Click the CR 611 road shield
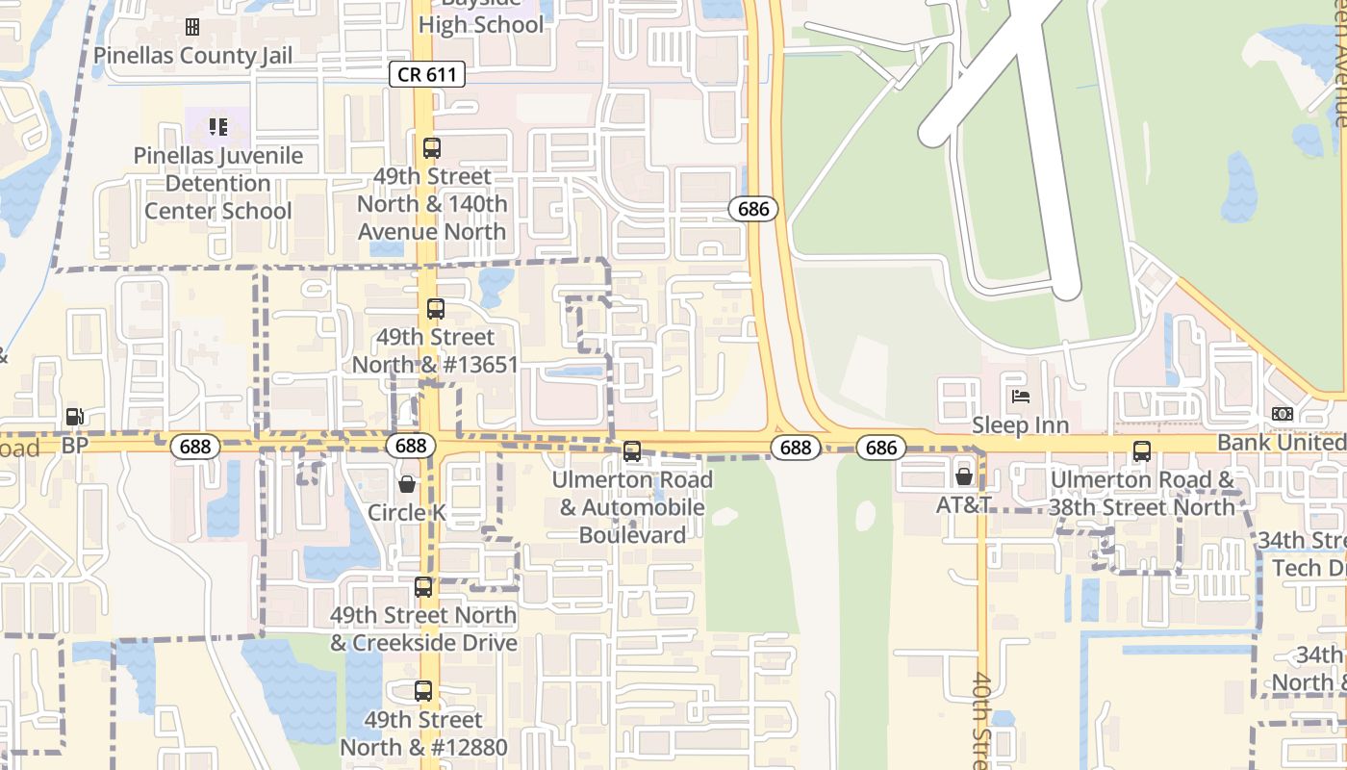click(x=428, y=74)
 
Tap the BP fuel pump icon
click(x=74, y=417)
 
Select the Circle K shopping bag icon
click(x=407, y=483)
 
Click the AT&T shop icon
click(x=964, y=475)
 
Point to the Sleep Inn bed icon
click(x=1020, y=396)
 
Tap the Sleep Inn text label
click(x=1020, y=424)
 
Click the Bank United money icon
click(x=1283, y=414)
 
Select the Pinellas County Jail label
click(x=192, y=55)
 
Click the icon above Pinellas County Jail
click(x=192, y=26)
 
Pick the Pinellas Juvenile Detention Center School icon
click(x=218, y=126)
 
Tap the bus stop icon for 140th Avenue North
click(x=432, y=148)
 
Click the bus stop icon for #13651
click(x=436, y=309)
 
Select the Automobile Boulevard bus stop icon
click(x=632, y=450)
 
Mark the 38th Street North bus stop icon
click(x=1141, y=450)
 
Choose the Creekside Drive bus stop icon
click(x=423, y=586)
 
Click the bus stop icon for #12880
click(x=423, y=690)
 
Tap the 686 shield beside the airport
click(x=752, y=209)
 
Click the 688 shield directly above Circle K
click(x=411, y=446)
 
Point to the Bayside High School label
click(x=481, y=19)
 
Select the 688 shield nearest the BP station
click(x=195, y=447)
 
